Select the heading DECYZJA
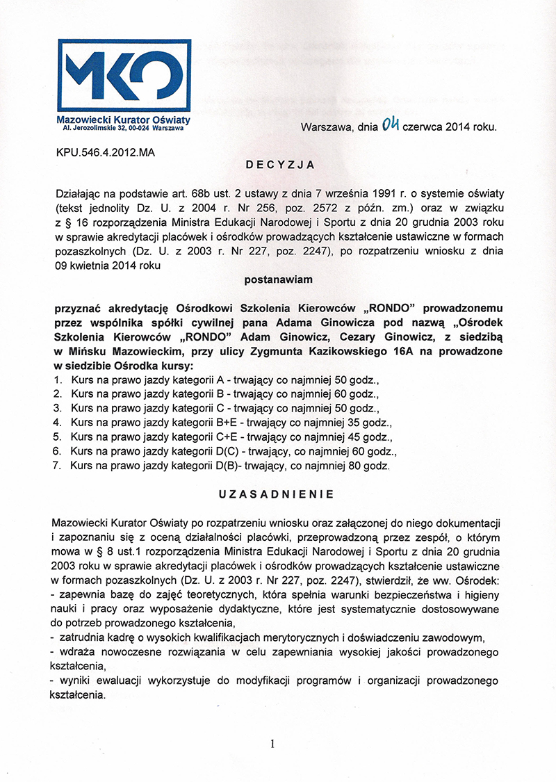click(281, 165)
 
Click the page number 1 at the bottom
click(272, 744)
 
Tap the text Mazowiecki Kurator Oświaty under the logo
click(122, 120)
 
